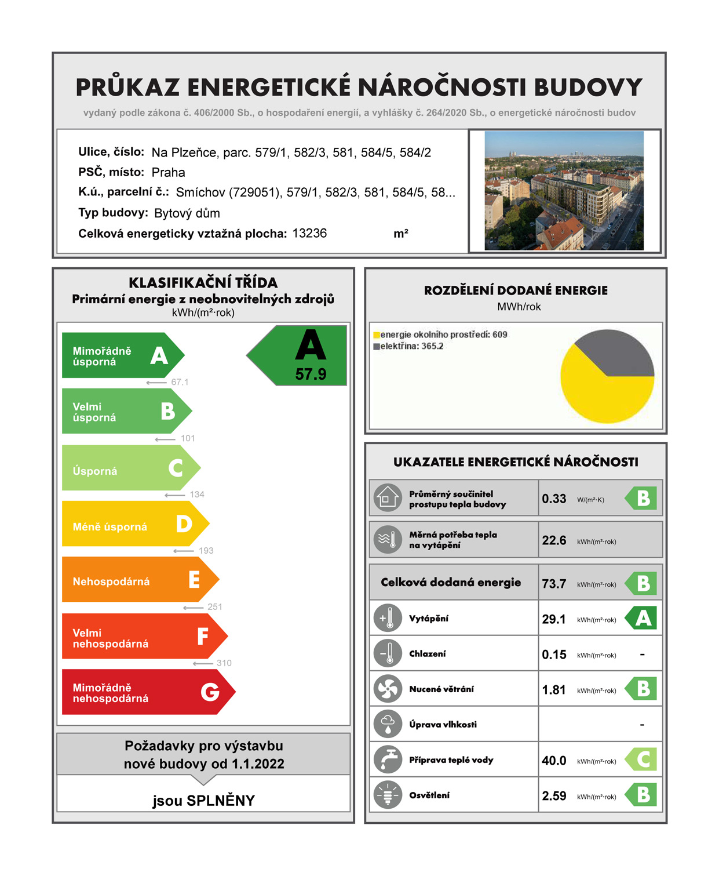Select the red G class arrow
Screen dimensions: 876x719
click(x=145, y=692)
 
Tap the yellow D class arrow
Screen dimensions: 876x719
click(x=133, y=524)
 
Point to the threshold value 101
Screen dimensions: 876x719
click(x=188, y=438)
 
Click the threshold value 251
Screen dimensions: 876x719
click(x=215, y=607)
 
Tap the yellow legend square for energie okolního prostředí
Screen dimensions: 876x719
click(x=377, y=335)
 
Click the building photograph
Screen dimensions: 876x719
click(x=564, y=191)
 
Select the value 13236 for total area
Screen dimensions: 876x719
click(x=309, y=233)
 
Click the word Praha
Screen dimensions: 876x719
click(x=168, y=172)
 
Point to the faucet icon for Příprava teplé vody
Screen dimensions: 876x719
click(x=388, y=759)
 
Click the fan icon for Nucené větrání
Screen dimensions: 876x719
click(x=388, y=689)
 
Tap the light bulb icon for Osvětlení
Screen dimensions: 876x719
click(x=388, y=795)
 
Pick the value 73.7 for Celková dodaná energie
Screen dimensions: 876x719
click(x=554, y=584)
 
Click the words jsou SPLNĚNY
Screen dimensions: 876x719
click(x=203, y=801)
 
